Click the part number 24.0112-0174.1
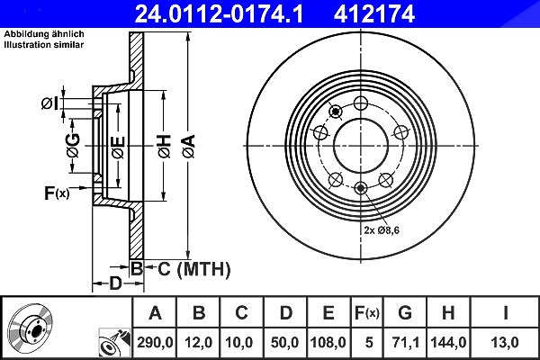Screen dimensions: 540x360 click(x=219, y=14)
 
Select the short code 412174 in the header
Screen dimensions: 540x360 click(x=374, y=14)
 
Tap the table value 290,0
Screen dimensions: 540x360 click(x=155, y=342)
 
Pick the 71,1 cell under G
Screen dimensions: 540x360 click(x=405, y=342)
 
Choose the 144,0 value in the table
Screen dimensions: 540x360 click(x=448, y=342)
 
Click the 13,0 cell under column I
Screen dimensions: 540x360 click(x=505, y=342)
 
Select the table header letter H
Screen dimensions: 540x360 click(x=448, y=313)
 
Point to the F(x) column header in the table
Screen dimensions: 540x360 click(x=367, y=313)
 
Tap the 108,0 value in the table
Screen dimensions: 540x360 click(x=328, y=342)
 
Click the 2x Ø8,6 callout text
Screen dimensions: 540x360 click(x=382, y=230)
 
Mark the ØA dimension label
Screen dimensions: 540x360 click(x=189, y=146)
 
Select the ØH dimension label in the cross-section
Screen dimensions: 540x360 click(x=165, y=146)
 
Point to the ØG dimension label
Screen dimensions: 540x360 click(x=74, y=145)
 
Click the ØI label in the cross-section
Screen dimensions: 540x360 click(x=49, y=103)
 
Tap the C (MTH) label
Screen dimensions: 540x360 click(x=193, y=269)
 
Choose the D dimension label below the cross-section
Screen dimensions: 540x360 click(x=116, y=283)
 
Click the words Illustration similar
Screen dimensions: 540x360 click(x=44, y=45)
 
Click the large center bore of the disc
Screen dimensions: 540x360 click(x=361, y=146)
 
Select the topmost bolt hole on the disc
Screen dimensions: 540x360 click(x=361, y=103)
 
